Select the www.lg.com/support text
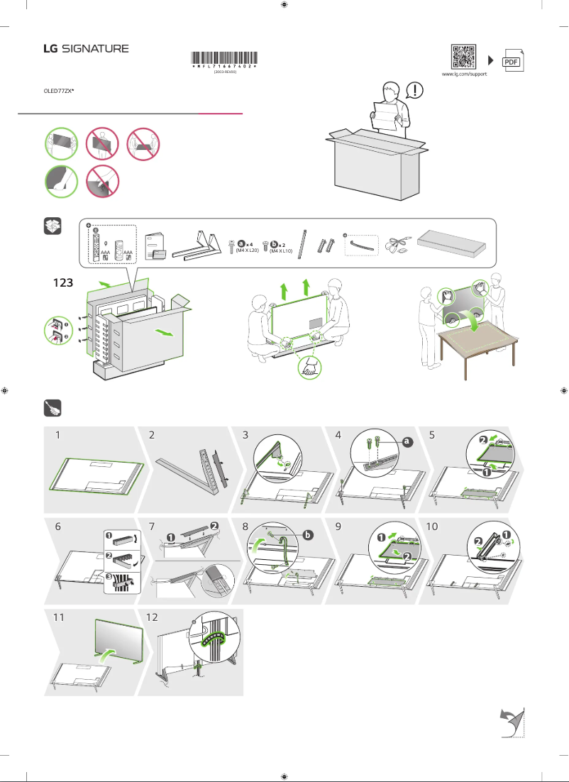(464, 74)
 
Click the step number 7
(153, 527)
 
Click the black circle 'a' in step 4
(407, 441)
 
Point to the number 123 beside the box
(65, 282)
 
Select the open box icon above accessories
(53, 226)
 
